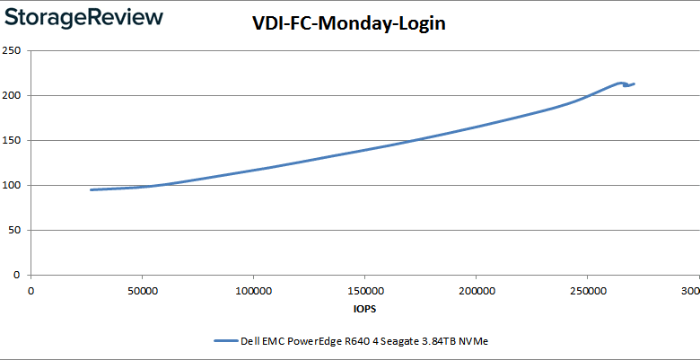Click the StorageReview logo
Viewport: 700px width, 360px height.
83,18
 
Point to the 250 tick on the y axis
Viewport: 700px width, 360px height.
12,50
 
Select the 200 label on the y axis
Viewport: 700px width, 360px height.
12,95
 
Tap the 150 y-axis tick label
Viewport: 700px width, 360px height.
12,140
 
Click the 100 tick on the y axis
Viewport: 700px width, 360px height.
12,185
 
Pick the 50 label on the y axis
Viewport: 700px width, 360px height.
15,230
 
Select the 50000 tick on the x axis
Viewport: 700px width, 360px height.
142,291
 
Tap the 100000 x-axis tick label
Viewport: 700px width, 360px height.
253,291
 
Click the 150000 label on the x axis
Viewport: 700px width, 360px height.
364,291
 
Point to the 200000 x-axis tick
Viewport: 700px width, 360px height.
476,291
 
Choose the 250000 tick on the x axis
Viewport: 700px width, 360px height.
587,291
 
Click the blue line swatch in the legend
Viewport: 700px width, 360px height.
225,341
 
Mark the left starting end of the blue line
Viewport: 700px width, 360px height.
91,189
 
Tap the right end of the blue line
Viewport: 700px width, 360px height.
634,84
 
